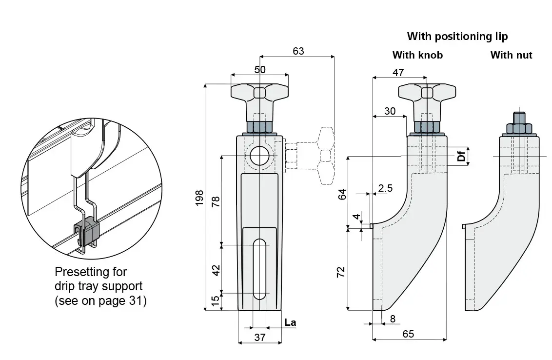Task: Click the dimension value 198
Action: pyautogui.click(x=199, y=198)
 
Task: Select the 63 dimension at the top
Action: pyautogui.click(x=298, y=51)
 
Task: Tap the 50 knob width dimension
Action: pyautogui.click(x=260, y=70)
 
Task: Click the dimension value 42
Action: pyautogui.click(x=216, y=270)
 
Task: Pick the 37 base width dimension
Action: pyautogui.click(x=260, y=338)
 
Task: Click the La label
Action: pyautogui.click(x=290, y=322)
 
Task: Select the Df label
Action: pyautogui.click(x=461, y=155)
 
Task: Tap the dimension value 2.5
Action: pyautogui.click(x=385, y=188)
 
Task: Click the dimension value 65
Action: pyautogui.click(x=408, y=334)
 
